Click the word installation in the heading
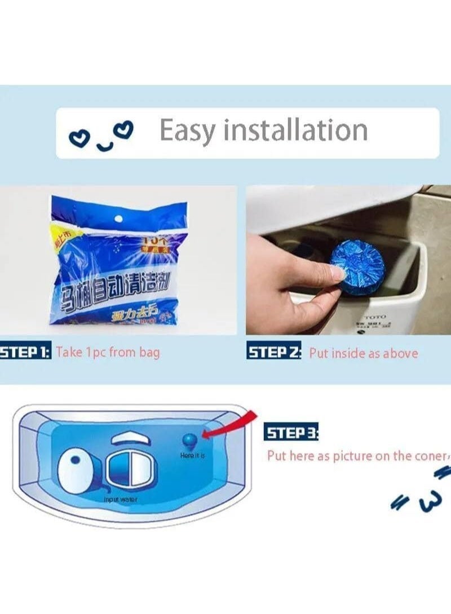pos(295,130)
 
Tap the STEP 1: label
pos(25,353)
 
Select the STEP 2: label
pos(275,353)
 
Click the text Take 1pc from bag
pos(108,353)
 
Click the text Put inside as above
pos(364,354)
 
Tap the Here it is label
pos(192,455)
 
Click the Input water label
pos(120,500)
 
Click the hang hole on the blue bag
pos(118,217)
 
